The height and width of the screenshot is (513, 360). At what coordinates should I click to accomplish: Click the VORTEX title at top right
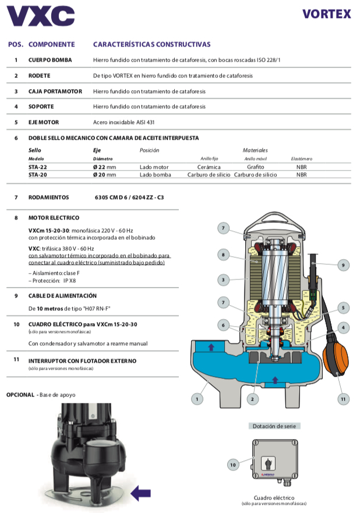(326, 14)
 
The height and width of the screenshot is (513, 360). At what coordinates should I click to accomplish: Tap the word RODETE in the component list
(40, 76)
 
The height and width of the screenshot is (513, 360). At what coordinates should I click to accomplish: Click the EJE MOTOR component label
(44, 122)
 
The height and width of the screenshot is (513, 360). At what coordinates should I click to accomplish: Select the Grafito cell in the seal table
(255, 167)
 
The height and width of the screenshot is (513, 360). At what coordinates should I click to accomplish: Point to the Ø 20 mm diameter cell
(104, 174)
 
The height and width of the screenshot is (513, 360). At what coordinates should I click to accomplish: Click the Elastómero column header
(302, 158)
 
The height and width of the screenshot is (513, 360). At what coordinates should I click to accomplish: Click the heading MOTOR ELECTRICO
(54, 217)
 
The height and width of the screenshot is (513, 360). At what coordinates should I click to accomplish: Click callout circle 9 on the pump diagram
(343, 265)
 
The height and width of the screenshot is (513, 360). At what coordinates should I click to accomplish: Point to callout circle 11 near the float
(343, 399)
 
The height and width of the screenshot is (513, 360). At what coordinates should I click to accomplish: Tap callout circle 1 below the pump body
(198, 399)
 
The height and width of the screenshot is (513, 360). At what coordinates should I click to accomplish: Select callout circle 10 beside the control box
(232, 465)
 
